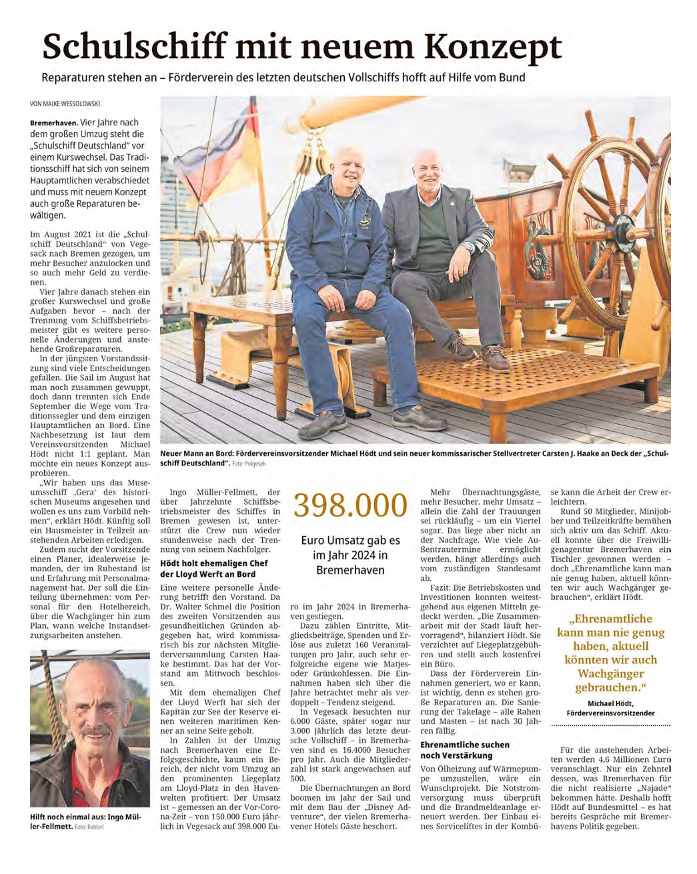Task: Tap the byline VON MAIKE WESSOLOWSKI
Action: click(69, 104)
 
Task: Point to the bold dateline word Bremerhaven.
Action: click(53, 123)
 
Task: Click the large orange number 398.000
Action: click(350, 506)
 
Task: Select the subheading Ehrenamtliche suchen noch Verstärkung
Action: click(464, 750)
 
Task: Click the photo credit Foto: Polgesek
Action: click(250, 463)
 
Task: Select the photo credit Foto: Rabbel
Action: click(89, 827)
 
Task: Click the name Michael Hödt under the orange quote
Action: click(610, 703)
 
